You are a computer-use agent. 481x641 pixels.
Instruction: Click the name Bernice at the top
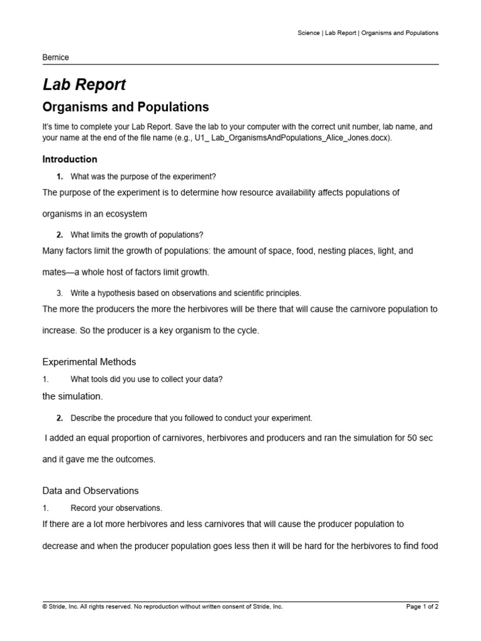(55, 58)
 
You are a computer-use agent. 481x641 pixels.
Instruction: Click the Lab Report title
(84, 85)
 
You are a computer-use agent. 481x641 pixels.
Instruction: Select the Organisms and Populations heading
(125, 107)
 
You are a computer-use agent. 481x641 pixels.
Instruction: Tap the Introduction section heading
(70, 159)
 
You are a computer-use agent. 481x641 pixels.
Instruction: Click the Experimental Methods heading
(89, 362)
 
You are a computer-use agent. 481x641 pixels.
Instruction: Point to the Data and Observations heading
(90, 491)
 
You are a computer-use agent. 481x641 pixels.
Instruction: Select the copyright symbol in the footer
(44, 607)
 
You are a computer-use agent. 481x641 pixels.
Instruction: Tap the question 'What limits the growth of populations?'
(137, 235)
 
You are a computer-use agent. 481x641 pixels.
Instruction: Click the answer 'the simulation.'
(73, 396)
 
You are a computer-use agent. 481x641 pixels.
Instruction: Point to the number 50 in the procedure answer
(412, 438)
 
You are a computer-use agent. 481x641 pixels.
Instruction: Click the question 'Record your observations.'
(116, 508)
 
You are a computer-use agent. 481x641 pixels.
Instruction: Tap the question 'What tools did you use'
(147, 379)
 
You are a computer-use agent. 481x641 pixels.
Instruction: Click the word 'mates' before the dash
(54, 272)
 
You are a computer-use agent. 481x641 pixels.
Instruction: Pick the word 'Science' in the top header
(308, 33)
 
